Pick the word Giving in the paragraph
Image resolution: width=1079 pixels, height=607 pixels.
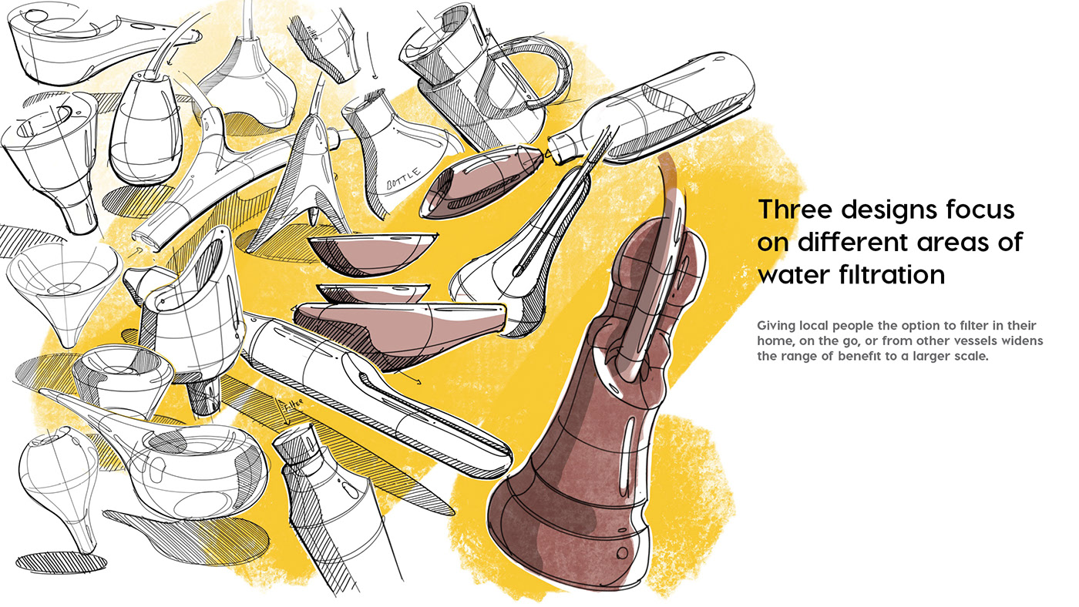[775, 325]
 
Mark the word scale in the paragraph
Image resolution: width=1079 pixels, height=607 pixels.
[970, 357]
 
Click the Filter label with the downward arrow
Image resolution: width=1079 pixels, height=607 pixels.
[291, 404]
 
